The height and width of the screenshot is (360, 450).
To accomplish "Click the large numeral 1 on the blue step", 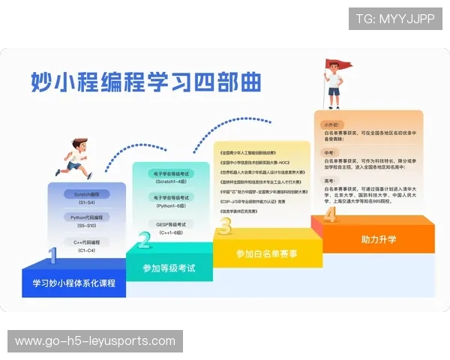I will [52, 257].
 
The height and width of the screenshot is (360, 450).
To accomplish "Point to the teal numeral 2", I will [144, 240].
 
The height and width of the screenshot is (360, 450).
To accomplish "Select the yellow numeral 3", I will [224, 225].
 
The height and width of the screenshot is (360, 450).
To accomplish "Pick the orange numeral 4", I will [329, 215].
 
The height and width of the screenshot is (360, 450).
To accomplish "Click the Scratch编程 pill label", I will [88, 193].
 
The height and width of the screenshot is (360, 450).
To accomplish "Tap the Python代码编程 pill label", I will [88, 217].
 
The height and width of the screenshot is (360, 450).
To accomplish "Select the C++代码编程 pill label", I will [88, 241].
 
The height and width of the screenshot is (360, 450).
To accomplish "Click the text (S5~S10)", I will [88, 226].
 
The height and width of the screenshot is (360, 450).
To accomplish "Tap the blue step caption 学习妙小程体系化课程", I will [73, 283].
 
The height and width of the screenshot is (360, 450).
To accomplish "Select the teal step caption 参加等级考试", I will [169, 268].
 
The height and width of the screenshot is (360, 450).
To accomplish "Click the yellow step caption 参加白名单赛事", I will [266, 253].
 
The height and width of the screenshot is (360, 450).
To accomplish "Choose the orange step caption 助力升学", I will [378, 240].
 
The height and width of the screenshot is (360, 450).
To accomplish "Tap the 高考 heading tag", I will [328, 181].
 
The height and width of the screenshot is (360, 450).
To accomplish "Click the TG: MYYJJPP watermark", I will [394, 18].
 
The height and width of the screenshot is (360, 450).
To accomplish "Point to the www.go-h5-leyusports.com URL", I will [95, 341].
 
